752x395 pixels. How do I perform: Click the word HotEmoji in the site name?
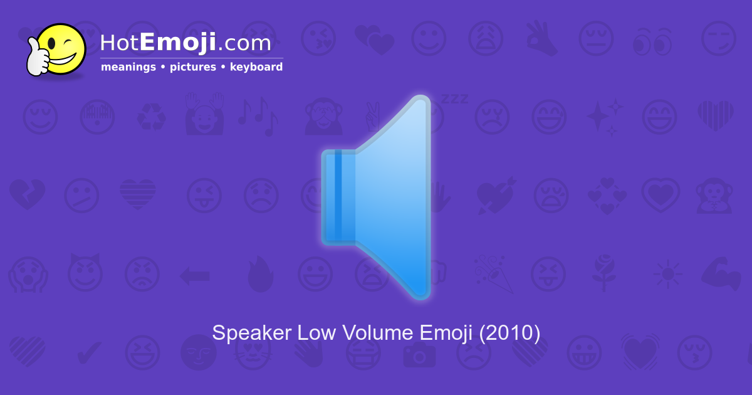[x=158, y=43]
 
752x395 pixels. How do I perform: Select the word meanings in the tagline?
[x=128, y=67]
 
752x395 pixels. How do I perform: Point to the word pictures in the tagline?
[x=192, y=67]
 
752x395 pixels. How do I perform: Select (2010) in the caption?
[x=509, y=332]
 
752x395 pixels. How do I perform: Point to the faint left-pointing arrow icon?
[x=194, y=275]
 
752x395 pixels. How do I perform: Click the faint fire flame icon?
[x=260, y=275]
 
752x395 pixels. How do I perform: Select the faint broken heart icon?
[x=26, y=196]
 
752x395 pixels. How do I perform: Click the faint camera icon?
[x=418, y=354]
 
